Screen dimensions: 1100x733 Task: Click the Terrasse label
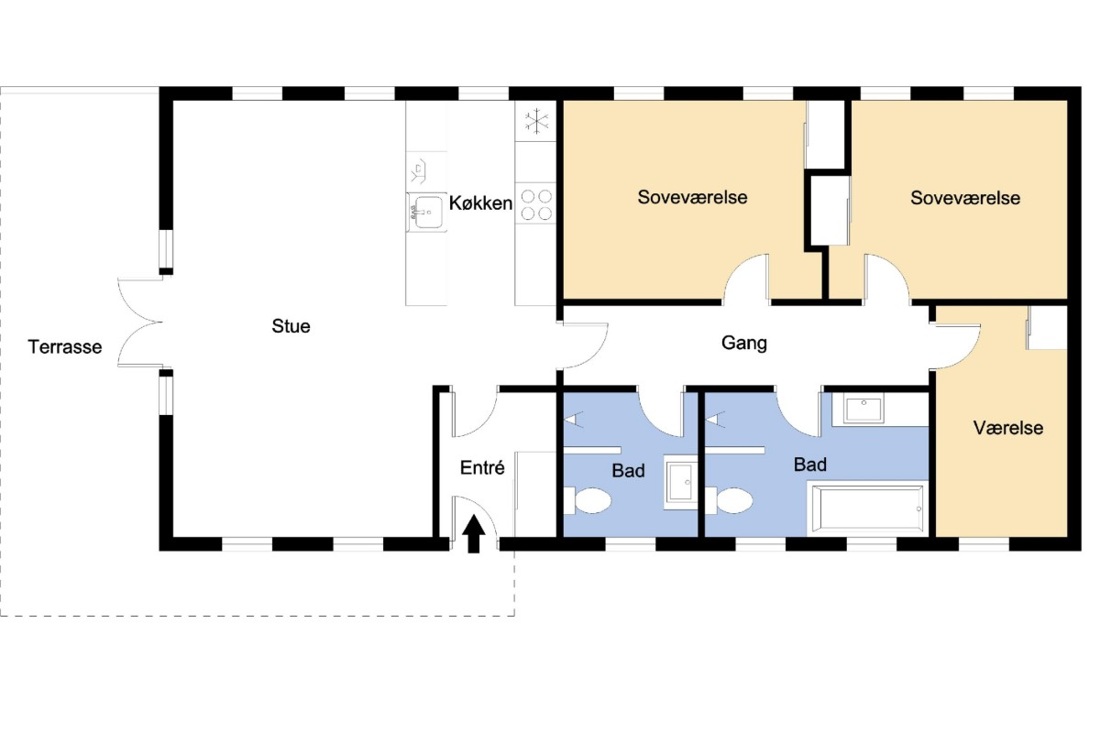(x=65, y=347)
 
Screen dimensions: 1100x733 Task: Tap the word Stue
(x=291, y=326)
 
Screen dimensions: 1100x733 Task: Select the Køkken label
(x=480, y=203)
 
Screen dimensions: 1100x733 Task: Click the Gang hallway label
(x=744, y=344)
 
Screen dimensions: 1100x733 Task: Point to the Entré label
(x=482, y=468)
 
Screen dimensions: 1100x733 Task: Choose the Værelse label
(x=1008, y=428)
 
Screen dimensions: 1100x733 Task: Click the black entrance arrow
(x=473, y=533)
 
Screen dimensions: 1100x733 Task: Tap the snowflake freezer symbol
(x=537, y=121)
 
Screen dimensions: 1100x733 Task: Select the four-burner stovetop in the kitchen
(x=536, y=204)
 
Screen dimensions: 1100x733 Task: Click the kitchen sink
(x=427, y=212)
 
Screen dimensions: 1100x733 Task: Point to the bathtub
(x=868, y=509)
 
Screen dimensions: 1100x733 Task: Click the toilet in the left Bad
(x=588, y=501)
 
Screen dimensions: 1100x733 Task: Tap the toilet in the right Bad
(x=729, y=501)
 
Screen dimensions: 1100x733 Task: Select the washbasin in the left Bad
(x=680, y=482)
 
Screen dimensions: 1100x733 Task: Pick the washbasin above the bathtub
(x=863, y=409)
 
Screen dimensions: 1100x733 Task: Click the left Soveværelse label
(x=692, y=197)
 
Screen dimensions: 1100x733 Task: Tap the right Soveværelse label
(x=965, y=198)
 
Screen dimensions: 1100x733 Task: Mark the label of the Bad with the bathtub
(x=810, y=465)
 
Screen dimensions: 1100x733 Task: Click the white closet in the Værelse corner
(x=1048, y=328)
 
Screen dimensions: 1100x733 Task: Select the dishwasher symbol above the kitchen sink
(x=418, y=171)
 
